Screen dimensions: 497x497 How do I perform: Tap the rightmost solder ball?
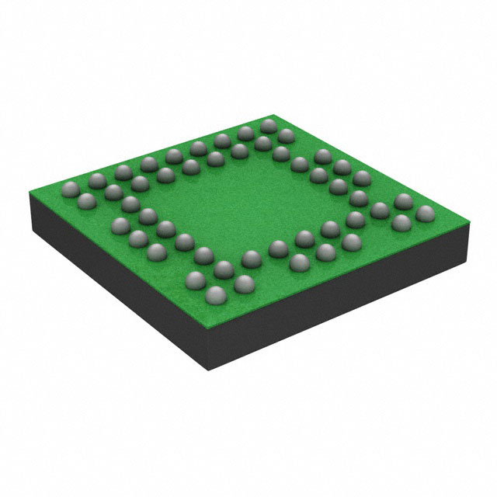424,213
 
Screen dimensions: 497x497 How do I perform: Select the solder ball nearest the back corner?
269,125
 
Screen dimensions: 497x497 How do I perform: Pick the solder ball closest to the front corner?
214,295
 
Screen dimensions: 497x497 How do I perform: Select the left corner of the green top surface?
28,183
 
